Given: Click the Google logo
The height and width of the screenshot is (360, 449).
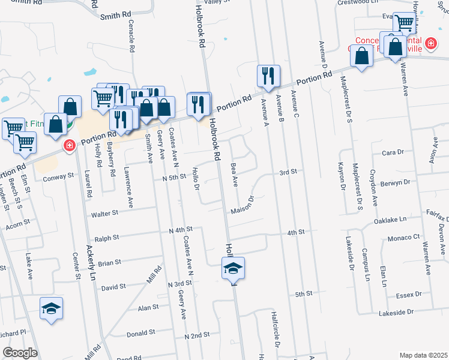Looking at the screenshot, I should tap(19, 353).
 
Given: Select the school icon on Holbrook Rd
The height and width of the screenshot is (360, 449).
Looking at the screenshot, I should tap(233, 268).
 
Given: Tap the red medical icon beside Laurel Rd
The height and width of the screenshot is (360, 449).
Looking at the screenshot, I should tap(70, 145).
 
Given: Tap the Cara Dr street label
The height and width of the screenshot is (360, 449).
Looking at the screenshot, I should tap(393, 152).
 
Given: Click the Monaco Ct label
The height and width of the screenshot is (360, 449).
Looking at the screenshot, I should tap(402, 238).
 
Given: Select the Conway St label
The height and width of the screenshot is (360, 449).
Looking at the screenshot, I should tap(58, 176).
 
